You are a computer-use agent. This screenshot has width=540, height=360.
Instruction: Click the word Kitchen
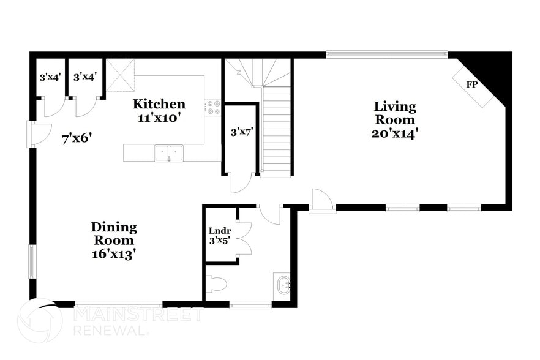pos(159,103)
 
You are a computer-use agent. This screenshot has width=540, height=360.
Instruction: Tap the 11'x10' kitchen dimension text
pos(159,118)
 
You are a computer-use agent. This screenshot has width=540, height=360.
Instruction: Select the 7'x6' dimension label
pos(77,138)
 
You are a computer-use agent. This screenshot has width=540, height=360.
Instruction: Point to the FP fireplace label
pos(472,84)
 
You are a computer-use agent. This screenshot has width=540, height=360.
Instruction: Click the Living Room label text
pos(395,113)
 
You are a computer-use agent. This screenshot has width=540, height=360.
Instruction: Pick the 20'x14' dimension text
pos(395,133)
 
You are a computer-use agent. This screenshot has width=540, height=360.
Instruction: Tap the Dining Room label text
pos(114,233)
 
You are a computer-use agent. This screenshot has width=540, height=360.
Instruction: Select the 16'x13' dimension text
pos(114,253)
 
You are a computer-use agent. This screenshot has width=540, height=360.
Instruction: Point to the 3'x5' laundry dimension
pos(219,241)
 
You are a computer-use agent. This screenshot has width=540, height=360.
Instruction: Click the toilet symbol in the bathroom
pos(217,284)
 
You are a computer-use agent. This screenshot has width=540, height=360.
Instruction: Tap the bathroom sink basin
pos(282,285)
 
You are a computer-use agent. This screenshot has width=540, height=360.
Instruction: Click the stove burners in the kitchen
pos(213,108)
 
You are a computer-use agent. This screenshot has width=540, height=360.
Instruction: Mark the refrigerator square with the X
pos(121,76)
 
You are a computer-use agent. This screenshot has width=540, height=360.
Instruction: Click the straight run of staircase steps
pos(276,131)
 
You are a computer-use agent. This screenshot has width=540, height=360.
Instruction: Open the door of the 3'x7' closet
pos(241,183)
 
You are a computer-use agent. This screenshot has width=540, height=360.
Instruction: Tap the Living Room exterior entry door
pos(322,200)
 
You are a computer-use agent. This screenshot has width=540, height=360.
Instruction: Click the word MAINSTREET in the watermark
pos(138,315)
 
